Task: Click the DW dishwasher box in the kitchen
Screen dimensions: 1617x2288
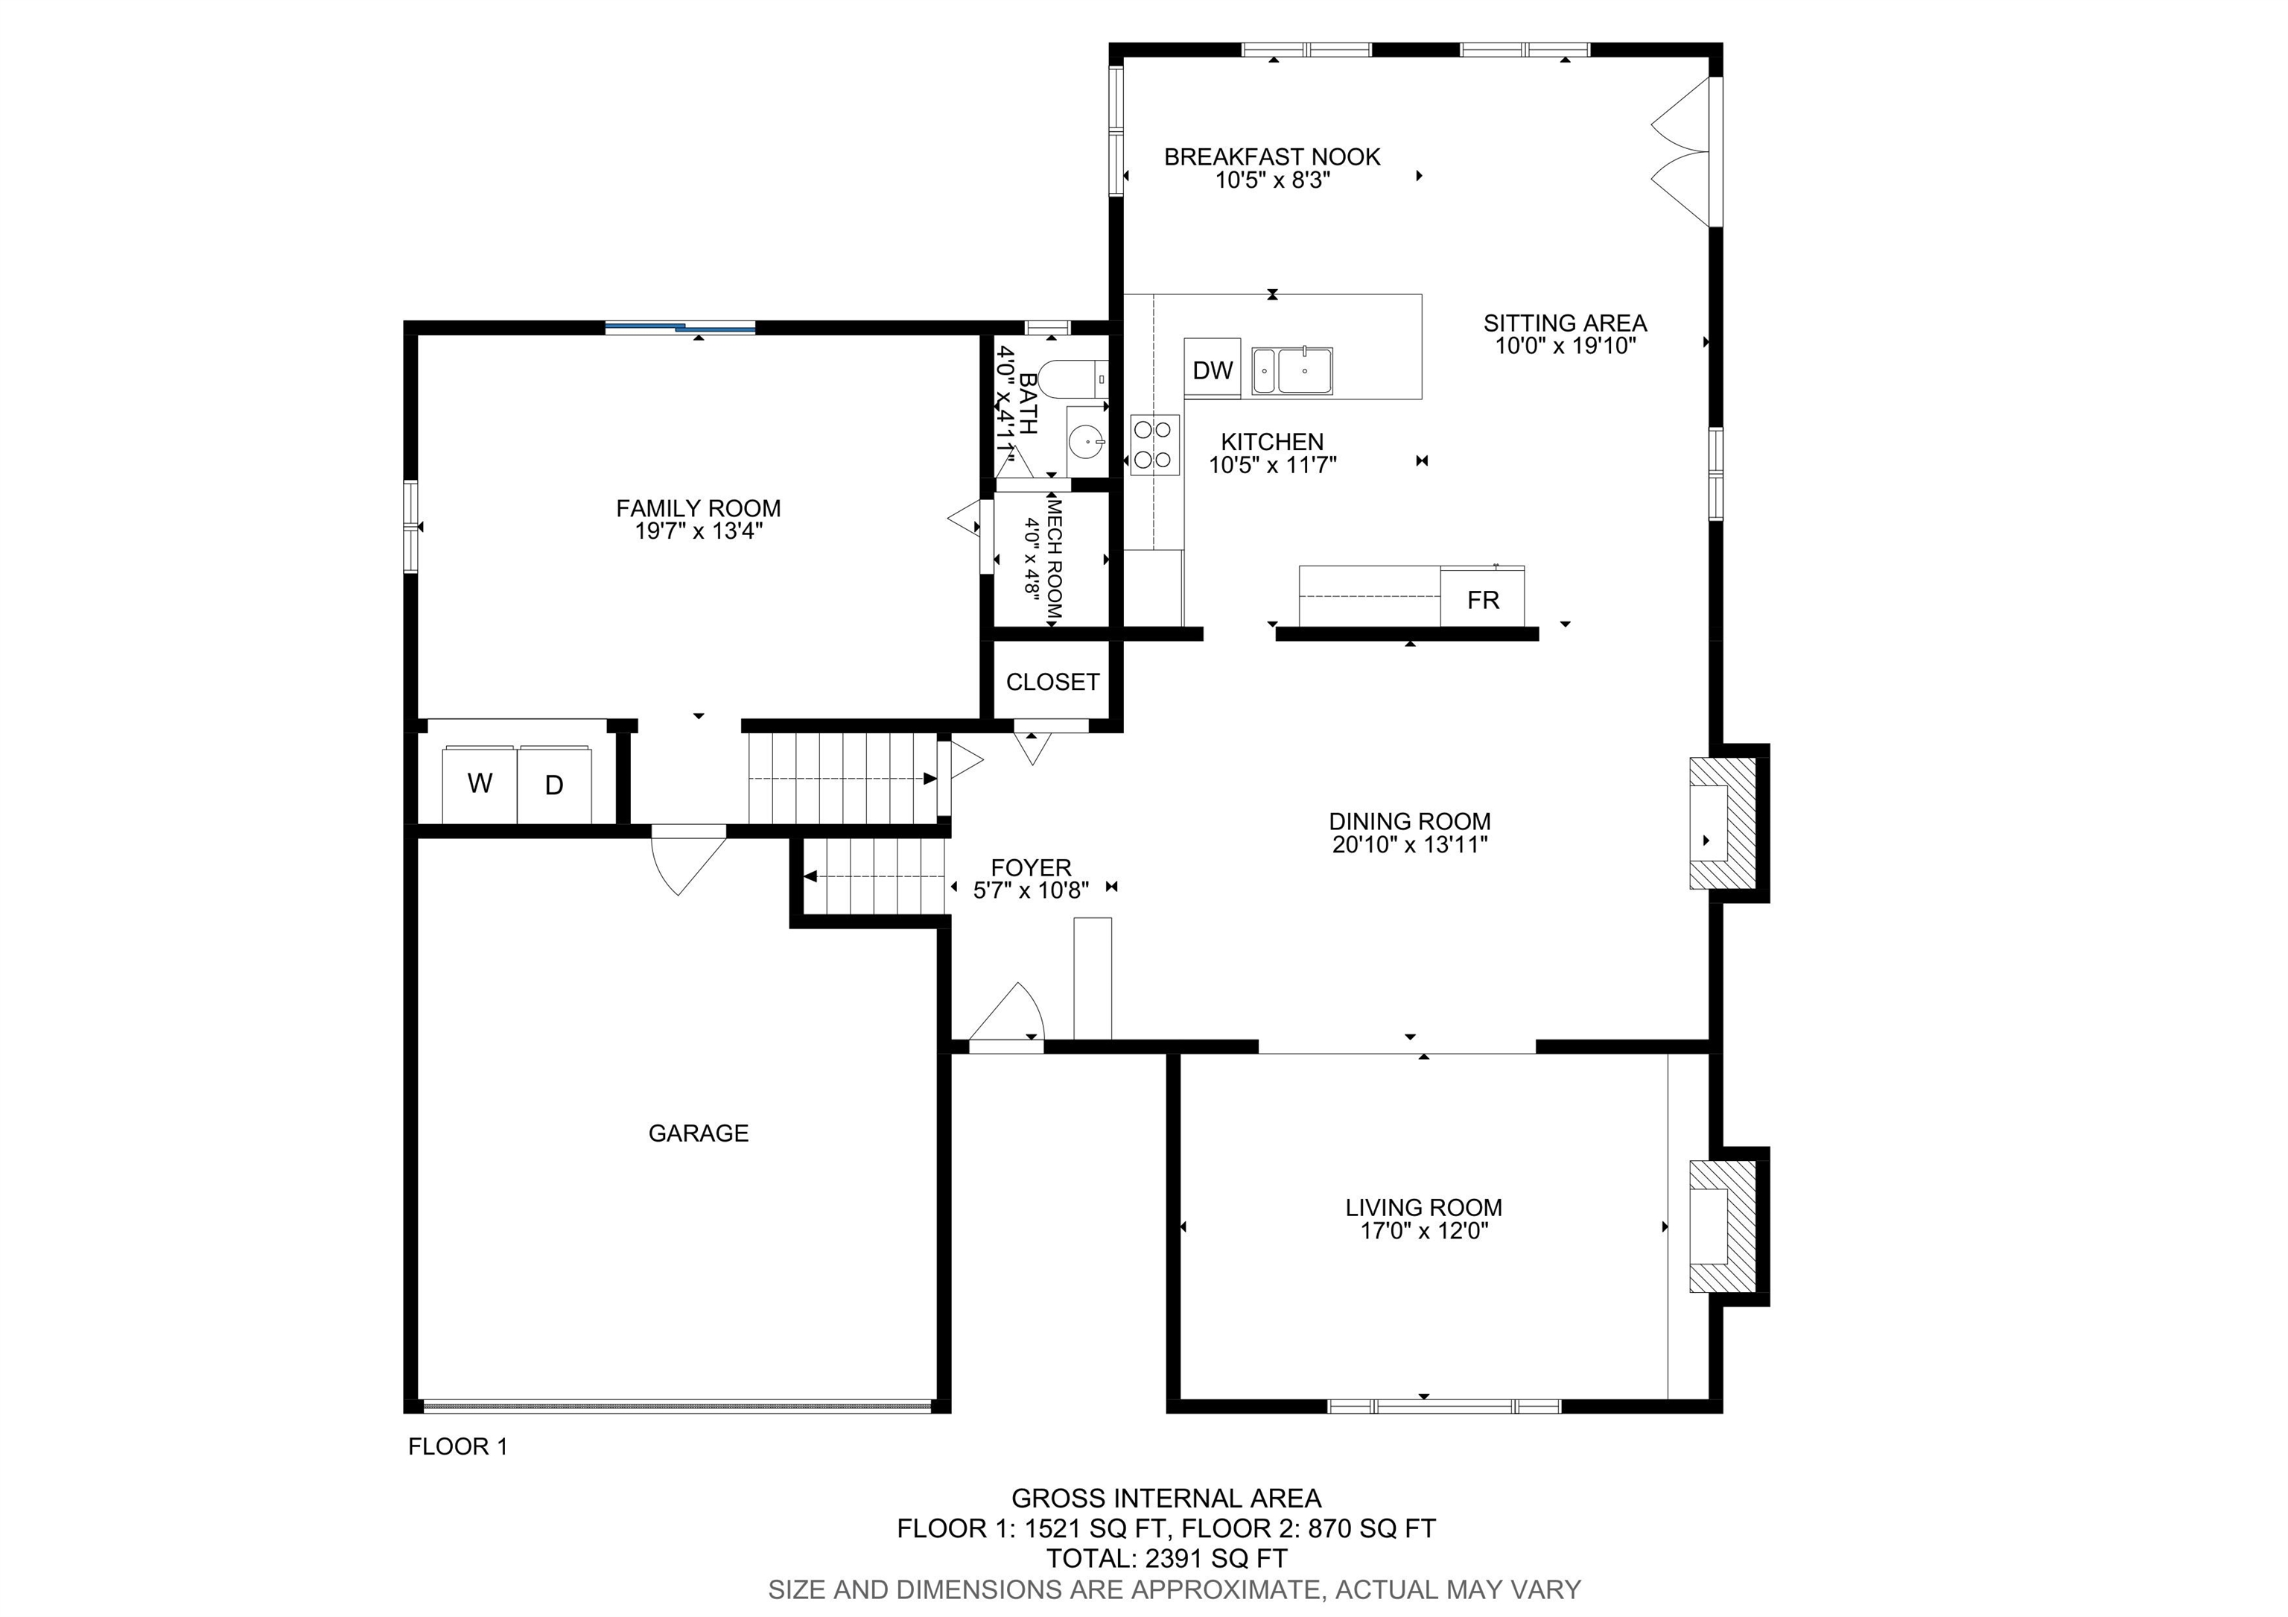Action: click(x=1212, y=370)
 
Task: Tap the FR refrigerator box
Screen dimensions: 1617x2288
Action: click(x=1482, y=599)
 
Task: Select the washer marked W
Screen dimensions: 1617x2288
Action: click(x=480, y=784)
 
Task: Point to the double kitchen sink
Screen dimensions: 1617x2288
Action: click(x=1291, y=372)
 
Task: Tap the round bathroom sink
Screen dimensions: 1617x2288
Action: click(x=1085, y=439)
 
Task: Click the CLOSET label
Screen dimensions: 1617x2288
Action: click(x=1052, y=682)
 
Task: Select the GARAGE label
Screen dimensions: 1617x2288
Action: click(x=698, y=1133)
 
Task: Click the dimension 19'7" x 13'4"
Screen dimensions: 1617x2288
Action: click(x=699, y=531)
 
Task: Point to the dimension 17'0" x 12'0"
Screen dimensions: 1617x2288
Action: click(x=1423, y=1230)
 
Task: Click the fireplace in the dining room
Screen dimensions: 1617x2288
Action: click(x=1722, y=823)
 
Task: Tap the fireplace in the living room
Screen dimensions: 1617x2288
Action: click(x=1722, y=1227)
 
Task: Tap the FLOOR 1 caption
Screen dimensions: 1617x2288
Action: click(x=457, y=1446)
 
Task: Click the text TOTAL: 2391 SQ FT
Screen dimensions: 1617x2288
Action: click(x=1166, y=1558)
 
